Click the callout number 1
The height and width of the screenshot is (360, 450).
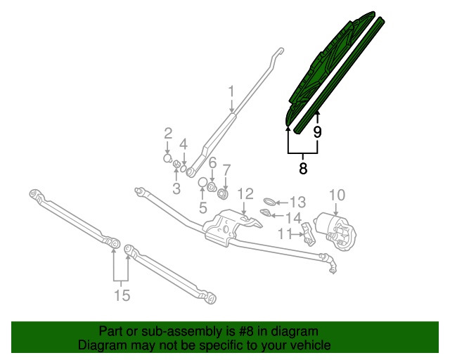coord(231,91)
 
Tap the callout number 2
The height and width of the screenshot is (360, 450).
coord(168,133)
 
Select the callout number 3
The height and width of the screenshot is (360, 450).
coord(176,188)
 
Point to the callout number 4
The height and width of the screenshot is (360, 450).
coord(183,144)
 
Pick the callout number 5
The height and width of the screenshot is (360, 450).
coord(202,207)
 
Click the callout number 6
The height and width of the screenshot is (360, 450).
coord(211,161)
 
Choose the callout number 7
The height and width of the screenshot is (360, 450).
coord(226,169)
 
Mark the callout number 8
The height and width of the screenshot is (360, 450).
coord(303,168)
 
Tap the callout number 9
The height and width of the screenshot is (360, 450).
coord(317,131)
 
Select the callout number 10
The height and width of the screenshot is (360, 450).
coord(337,194)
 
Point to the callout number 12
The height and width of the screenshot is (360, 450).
coord(244,193)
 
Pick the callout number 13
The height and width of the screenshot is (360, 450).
coord(298,201)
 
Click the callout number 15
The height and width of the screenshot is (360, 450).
coord(122,295)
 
